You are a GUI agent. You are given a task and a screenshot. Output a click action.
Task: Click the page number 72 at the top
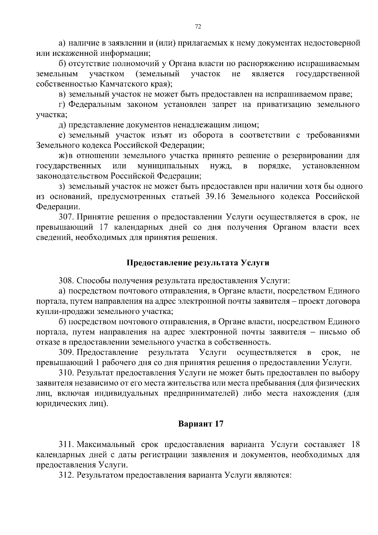[198, 27]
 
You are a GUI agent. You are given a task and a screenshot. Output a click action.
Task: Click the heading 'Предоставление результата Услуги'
[198, 263]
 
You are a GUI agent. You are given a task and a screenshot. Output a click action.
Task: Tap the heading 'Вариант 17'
[201, 424]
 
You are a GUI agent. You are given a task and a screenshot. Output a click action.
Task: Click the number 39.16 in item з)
[216, 197]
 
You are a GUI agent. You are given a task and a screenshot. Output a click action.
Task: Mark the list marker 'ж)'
[63, 156]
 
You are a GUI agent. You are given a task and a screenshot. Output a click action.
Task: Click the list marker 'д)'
[62, 125]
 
